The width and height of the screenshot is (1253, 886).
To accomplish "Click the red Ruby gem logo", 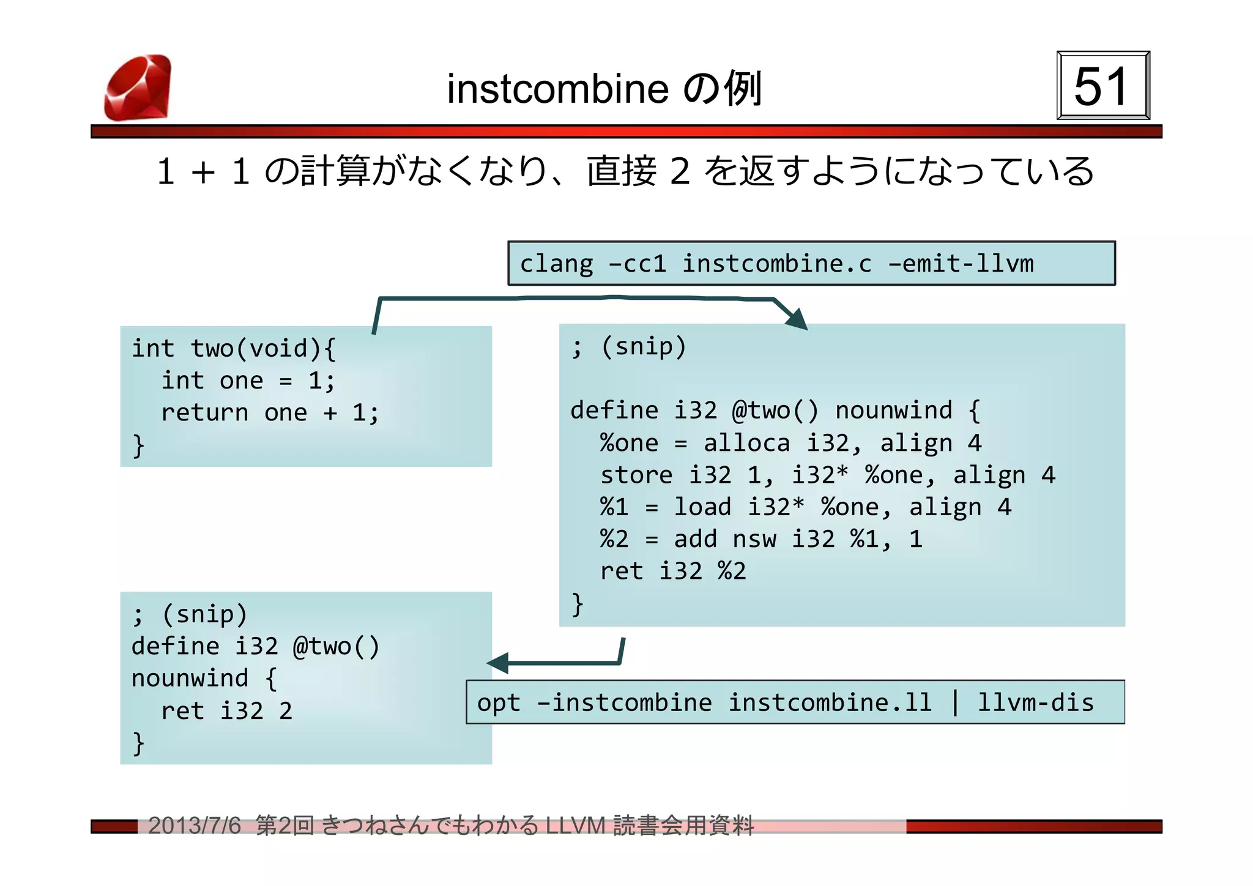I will point(138,87).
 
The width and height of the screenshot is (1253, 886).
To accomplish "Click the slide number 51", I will point(1102,86).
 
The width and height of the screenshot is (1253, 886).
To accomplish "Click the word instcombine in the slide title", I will point(557,89).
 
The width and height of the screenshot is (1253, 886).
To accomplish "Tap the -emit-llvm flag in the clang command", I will point(961,264).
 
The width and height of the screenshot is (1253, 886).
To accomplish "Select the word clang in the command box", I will point(556,264).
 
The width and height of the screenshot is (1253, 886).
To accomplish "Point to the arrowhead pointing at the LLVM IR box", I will point(796,319).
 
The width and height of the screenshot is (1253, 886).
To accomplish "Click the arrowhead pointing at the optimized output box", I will point(498,663).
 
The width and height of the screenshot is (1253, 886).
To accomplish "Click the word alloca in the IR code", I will point(746,443).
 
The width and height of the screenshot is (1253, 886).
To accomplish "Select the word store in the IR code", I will point(636,475).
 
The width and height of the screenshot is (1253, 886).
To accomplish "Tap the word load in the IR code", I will point(702,507).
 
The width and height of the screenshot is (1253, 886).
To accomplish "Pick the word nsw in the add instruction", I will point(754,539).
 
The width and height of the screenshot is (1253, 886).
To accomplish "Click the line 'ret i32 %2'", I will point(673,571).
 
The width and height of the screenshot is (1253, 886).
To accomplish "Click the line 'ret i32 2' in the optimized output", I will point(226,711).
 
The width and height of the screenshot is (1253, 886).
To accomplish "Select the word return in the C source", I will point(204,413).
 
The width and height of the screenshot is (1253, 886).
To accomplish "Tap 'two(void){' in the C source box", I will point(263,349).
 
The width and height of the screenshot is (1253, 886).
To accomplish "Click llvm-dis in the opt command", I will point(1035,702).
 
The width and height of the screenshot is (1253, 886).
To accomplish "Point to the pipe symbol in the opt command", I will point(955,702).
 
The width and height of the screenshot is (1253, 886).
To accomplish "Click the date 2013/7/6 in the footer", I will point(195,826).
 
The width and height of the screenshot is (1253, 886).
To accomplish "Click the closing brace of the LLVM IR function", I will point(577,605).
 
